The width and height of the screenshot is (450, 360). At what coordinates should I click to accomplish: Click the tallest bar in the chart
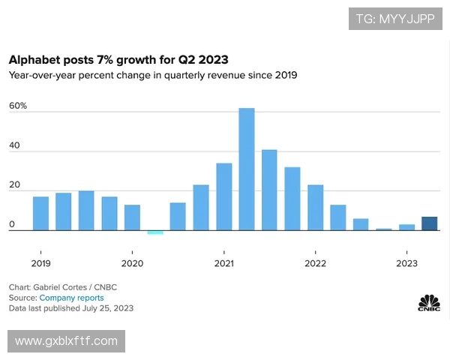(x=247, y=169)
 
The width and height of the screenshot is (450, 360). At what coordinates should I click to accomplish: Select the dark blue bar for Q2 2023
(x=429, y=223)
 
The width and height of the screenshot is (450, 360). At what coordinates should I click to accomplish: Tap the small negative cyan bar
(x=155, y=232)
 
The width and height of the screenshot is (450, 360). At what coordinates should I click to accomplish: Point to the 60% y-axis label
(x=18, y=106)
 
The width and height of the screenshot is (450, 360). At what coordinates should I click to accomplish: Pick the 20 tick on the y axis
(x=14, y=185)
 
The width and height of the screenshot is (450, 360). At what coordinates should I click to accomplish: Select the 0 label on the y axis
(x=11, y=224)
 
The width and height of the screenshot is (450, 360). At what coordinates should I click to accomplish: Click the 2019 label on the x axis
(x=40, y=263)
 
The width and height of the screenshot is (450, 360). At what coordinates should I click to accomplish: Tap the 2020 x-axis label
(x=132, y=263)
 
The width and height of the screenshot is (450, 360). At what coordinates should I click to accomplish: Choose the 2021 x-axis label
(x=223, y=263)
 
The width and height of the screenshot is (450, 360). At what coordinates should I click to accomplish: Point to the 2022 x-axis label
(x=316, y=263)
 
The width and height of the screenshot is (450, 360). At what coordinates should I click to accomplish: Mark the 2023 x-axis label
(x=407, y=263)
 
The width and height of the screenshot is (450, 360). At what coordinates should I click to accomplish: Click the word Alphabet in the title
(x=32, y=59)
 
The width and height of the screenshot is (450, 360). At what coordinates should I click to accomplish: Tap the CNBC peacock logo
(x=429, y=302)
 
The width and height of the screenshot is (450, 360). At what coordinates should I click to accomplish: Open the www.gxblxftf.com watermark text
(x=67, y=341)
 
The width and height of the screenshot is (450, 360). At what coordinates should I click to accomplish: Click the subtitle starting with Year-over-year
(x=153, y=75)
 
